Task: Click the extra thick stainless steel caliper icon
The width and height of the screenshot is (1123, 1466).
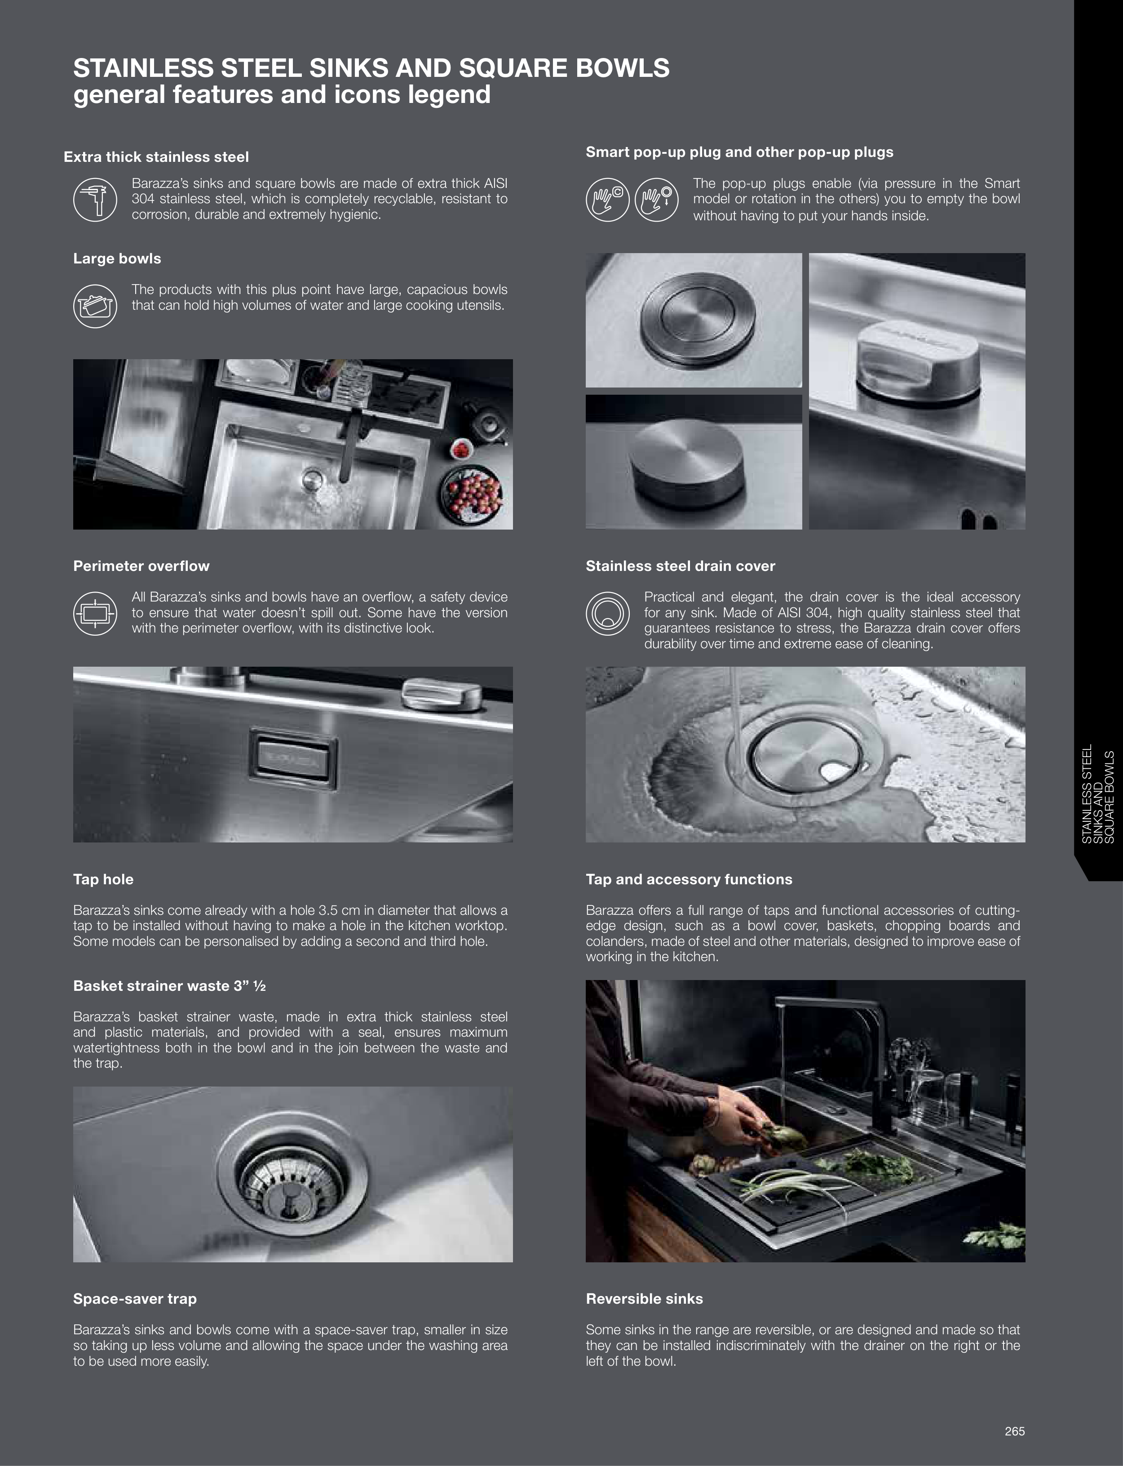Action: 95,199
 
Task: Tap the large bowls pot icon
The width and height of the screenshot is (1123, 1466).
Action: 95,306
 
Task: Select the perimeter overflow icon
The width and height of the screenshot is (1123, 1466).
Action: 95,613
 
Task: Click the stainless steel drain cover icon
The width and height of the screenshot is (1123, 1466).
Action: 608,613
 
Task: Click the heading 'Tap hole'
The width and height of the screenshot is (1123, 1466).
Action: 103,879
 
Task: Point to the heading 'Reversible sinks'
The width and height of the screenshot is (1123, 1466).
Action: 645,1298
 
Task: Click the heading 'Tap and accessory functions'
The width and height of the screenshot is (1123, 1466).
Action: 689,879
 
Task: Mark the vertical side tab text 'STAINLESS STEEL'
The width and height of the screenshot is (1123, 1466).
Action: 1087,793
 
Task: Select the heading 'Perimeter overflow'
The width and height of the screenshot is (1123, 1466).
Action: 141,566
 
